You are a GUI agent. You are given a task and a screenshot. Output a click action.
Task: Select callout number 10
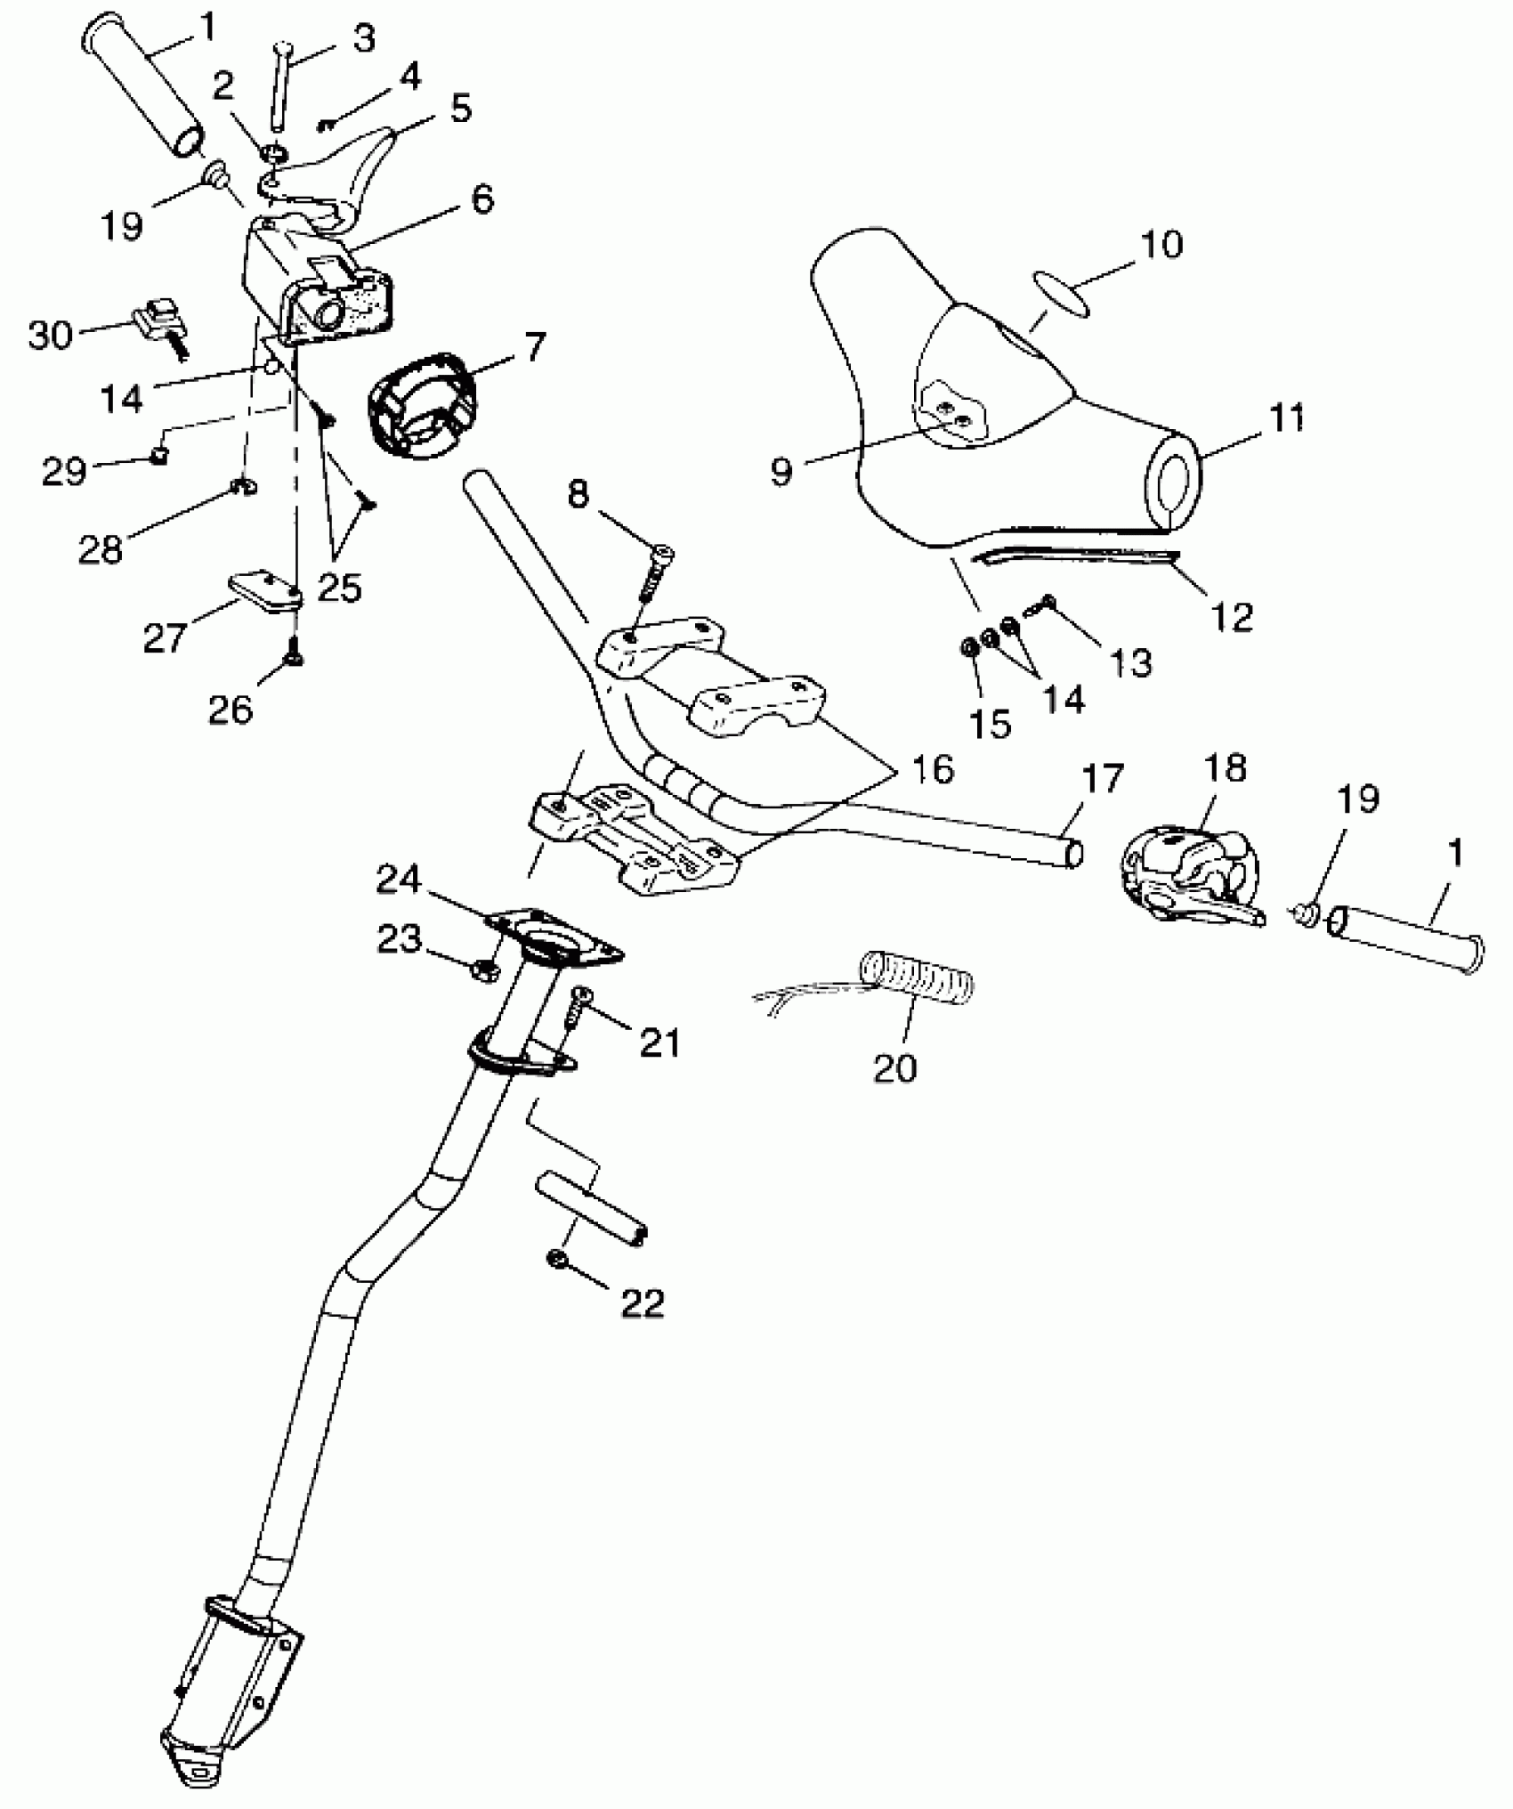[x=1161, y=245]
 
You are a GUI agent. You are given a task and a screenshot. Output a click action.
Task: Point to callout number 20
[x=894, y=1067]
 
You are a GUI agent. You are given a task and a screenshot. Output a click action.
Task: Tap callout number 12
[x=1233, y=616]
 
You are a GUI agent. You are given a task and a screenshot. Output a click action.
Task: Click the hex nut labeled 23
[x=485, y=969]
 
